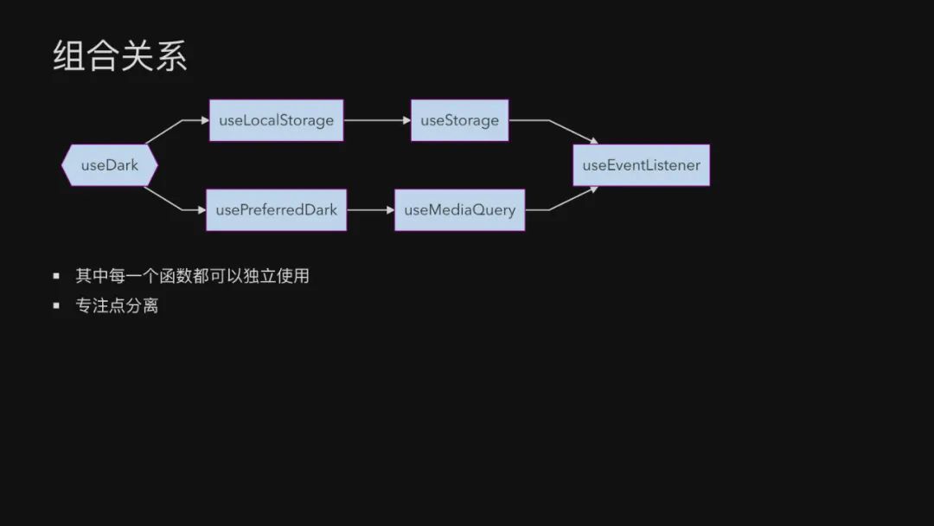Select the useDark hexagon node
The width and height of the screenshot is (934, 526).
[110, 165]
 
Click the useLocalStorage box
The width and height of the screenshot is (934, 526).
[276, 120]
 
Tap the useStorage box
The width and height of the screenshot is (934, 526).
[459, 120]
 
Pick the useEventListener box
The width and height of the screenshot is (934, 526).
[641, 165]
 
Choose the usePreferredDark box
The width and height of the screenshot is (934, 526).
[276, 210]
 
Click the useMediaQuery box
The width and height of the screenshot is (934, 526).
[459, 210]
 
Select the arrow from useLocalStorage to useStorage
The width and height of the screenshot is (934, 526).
[377, 120]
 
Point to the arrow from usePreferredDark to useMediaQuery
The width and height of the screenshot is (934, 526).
[370, 210]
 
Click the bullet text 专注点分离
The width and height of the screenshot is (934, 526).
[117, 305]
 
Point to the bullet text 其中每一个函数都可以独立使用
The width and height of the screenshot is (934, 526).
[192, 276]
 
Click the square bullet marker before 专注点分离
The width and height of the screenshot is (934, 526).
[56, 305]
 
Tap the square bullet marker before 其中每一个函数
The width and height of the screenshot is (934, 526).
[56, 276]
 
